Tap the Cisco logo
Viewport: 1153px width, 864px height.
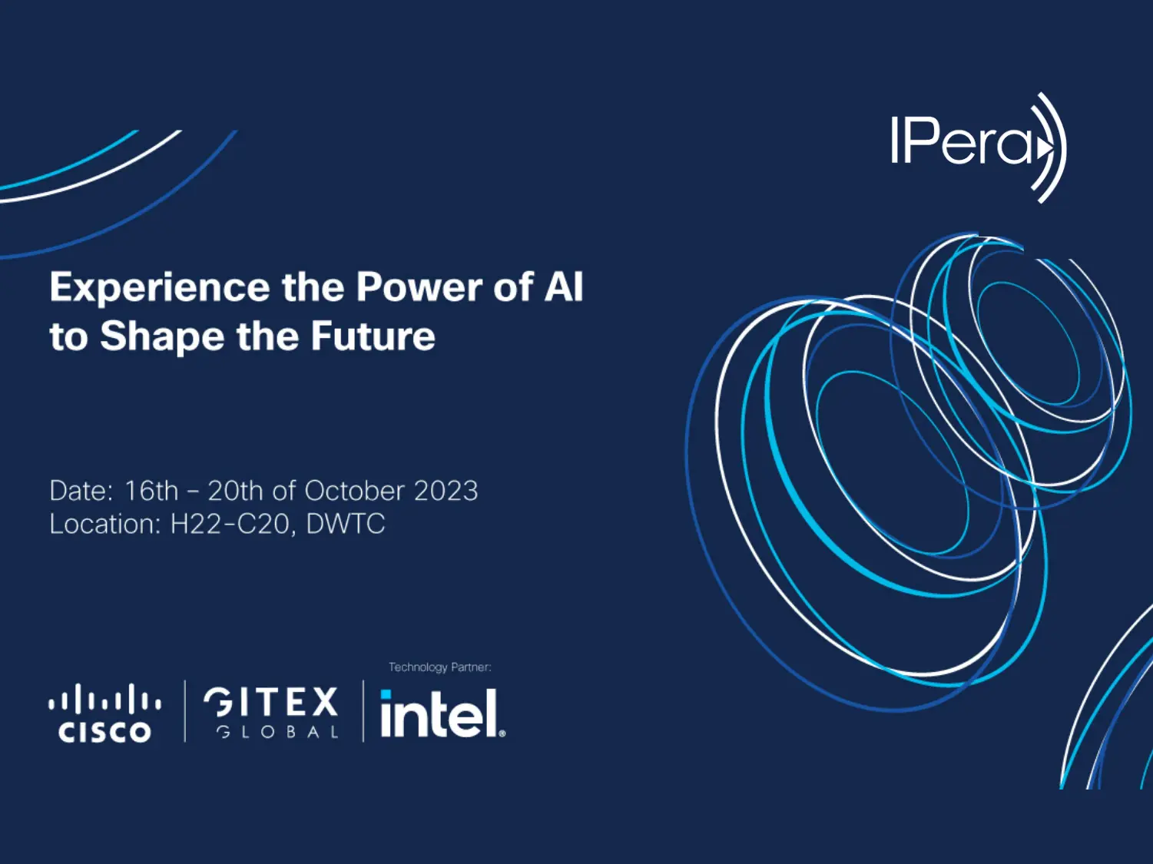tap(104, 713)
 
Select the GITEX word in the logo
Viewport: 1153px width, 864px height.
tap(270, 702)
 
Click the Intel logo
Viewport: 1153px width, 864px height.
tap(442, 713)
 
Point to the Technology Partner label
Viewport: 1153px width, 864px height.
tap(439, 667)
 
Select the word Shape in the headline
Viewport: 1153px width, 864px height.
tap(161, 336)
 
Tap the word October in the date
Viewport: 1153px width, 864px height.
tap(354, 491)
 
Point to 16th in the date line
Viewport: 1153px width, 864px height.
tap(151, 491)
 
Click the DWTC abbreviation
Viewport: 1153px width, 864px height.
tap(345, 524)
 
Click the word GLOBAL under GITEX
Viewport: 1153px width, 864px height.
tap(277, 732)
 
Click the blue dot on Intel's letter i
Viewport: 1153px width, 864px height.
tap(386, 695)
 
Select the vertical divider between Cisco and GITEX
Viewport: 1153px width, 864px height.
tap(185, 711)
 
